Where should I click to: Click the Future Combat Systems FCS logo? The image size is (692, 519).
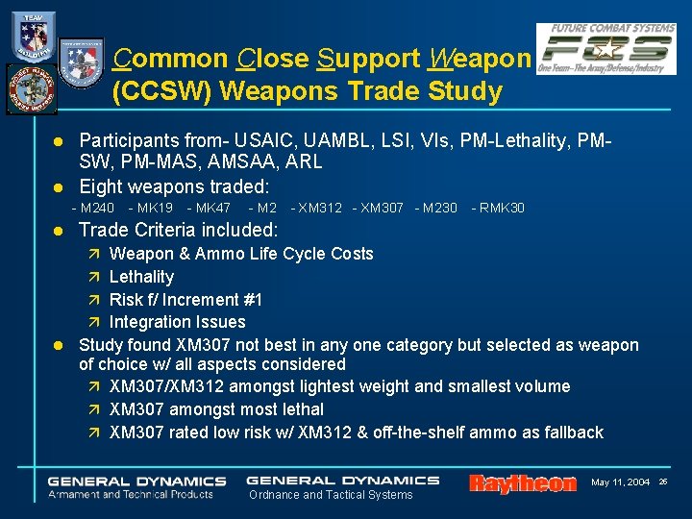click(605, 49)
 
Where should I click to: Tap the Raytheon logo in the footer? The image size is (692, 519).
click(523, 483)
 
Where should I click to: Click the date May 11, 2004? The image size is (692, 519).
click(621, 481)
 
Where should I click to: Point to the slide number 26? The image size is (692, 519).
click(663, 481)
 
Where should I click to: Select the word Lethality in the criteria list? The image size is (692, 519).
click(141, 277)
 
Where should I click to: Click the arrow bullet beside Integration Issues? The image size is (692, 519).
click(93, 322)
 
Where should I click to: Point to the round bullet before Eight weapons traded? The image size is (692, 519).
click(59, 186)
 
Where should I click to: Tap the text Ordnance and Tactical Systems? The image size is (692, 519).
click(331, 495)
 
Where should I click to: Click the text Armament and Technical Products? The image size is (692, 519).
click(131, 494)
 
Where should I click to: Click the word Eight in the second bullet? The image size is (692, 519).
click(101, 186)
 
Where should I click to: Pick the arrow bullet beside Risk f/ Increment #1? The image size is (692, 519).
click(93, 299)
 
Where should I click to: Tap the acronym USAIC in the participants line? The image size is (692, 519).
click(268, 140)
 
